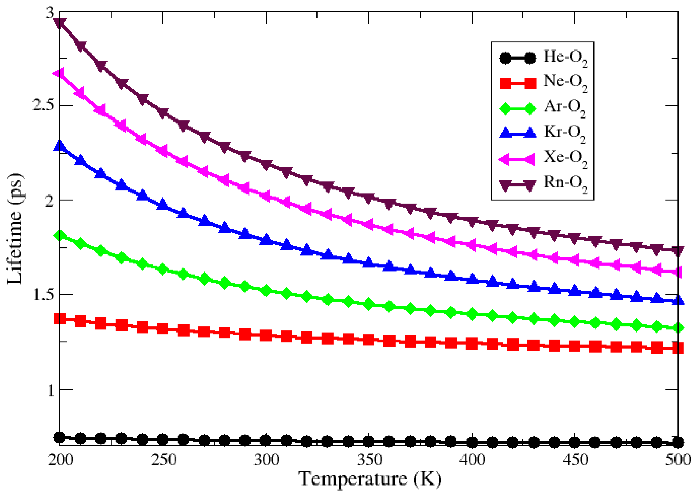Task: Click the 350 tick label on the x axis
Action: pos(369,460)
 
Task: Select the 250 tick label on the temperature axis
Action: pos(163,460)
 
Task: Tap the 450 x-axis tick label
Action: pos(575,460)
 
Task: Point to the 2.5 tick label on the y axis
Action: pos(44,106)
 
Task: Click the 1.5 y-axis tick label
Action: pos(44,294)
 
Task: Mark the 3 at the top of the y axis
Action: pos(50,13)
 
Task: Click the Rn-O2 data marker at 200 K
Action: pos(59,23)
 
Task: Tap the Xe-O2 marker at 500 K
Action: pos(678,271)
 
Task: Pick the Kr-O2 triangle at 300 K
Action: pos(266,239)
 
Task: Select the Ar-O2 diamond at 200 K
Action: pos(59,236)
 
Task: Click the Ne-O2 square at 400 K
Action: pos(472,343)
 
